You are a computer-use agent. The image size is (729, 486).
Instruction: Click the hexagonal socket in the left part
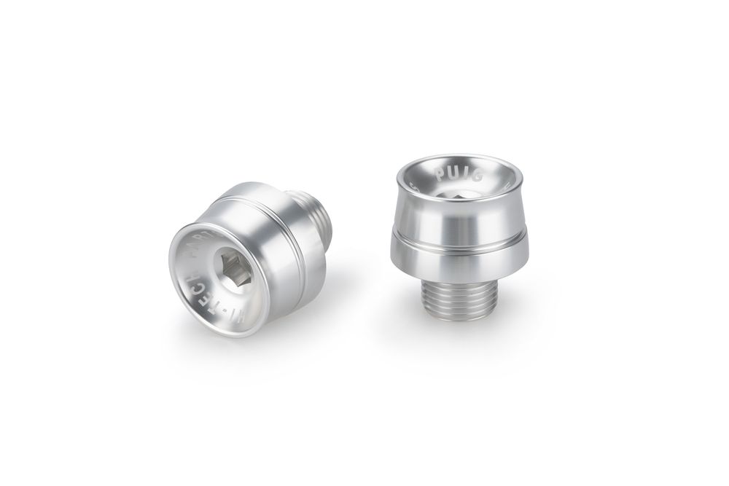[231, 271]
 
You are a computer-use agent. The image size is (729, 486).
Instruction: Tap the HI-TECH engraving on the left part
[195, 295]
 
